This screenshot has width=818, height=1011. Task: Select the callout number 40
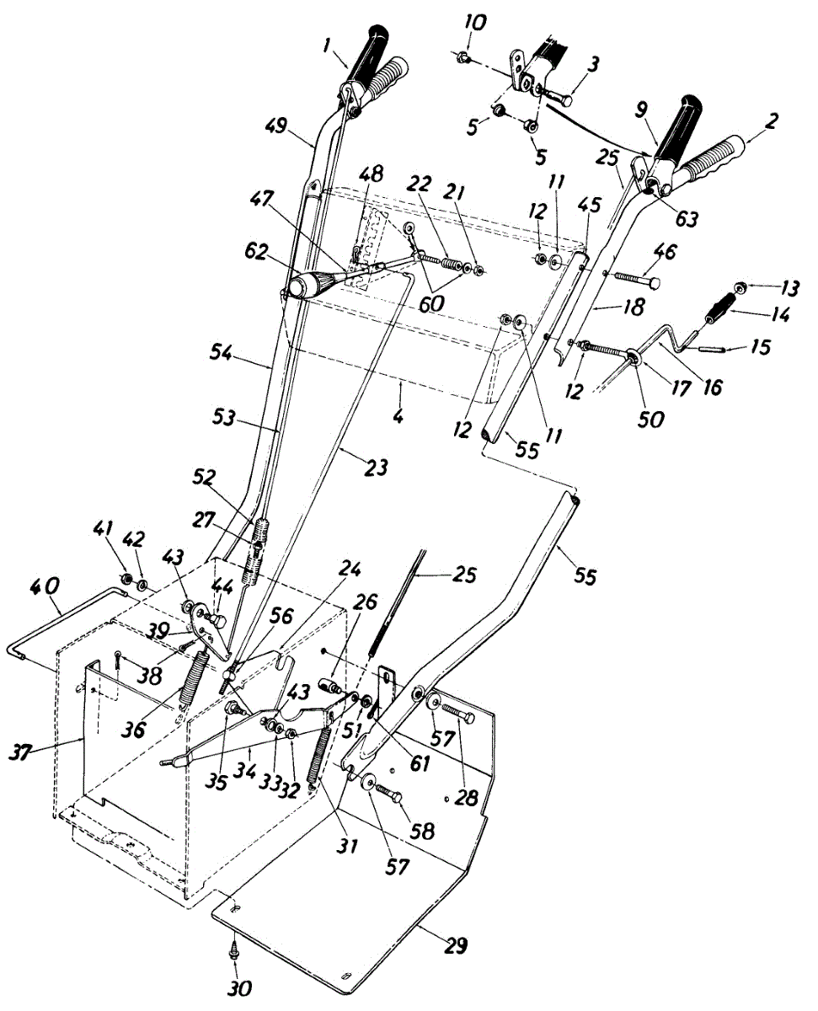[46, 585]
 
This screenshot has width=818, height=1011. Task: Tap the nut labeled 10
[462, 58]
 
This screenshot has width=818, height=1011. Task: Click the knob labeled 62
[302, 285]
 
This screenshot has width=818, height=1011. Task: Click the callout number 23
[376, 466]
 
